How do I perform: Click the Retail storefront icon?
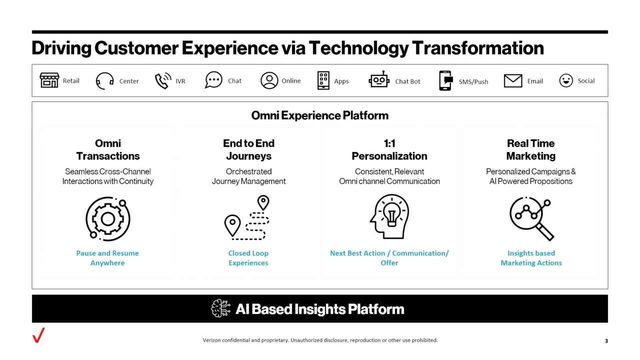click(x=49, y=81)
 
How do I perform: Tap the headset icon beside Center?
click(x=104, y=81)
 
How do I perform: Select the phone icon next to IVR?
click(x=162, y=81)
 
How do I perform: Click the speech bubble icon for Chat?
click(x=213, y=81)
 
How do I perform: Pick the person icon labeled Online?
click(x=269, y=81)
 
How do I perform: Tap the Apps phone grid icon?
click(x=324, y=81)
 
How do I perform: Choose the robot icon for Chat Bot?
click(x=378, y=81)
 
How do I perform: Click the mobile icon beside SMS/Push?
click(x=445, y=81)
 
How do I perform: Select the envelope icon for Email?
click(x=513, y=81)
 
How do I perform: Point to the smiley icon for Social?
click(x=566, y=81)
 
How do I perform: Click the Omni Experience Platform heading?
click(x=319, y=116)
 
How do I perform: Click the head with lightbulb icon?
click(x=389, y=217)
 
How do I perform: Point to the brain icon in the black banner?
click(x=222, y=308)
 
